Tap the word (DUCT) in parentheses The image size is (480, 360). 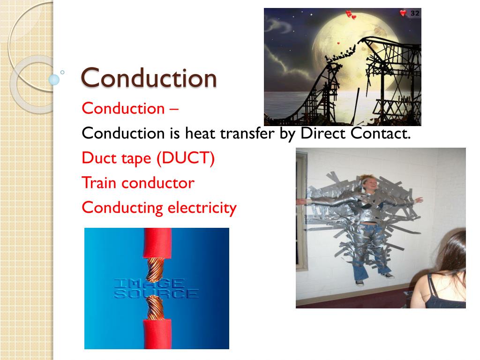pos(186,158)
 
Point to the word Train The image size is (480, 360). pos(99,183)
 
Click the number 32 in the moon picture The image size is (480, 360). pos(415,14)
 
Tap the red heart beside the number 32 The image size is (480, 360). pos(403,13)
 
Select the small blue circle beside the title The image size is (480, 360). pos(54,80)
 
